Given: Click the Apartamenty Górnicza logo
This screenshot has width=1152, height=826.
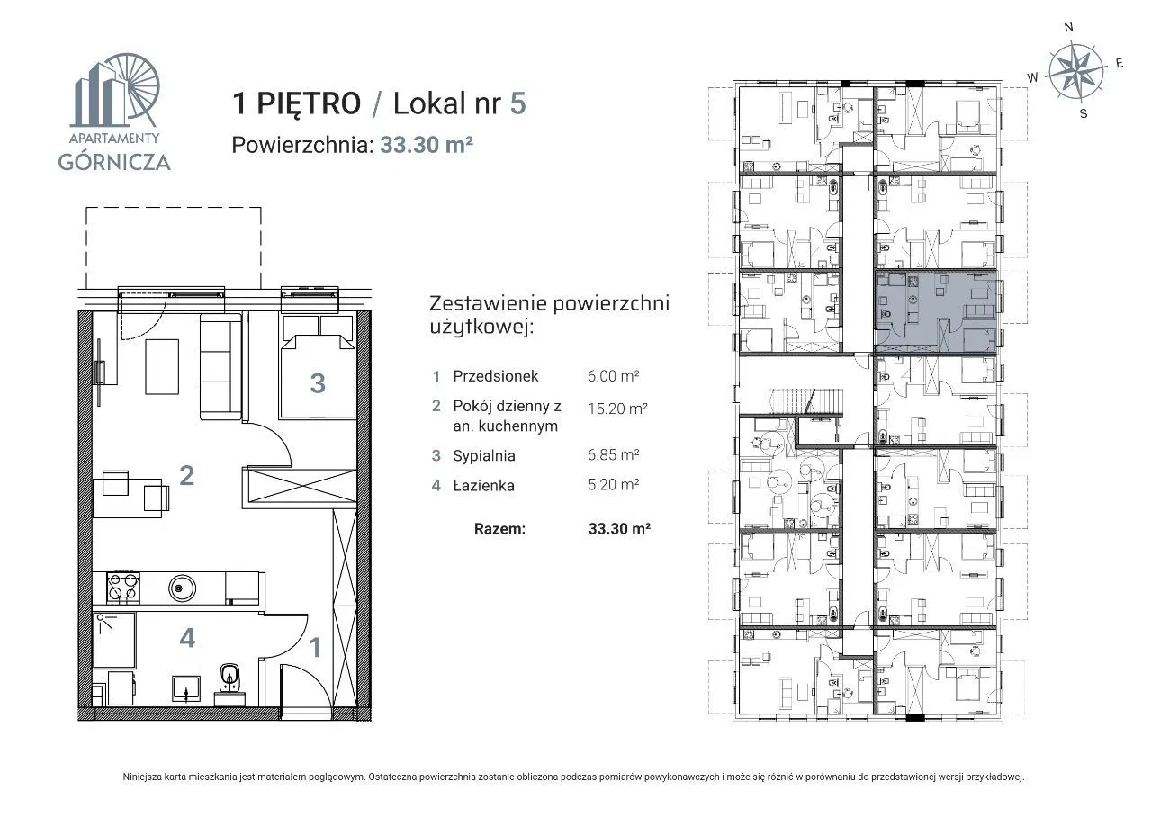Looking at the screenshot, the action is (114, 112).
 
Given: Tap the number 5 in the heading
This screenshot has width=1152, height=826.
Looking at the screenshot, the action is (517, 103).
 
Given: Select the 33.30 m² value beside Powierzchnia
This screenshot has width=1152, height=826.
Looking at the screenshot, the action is (427, 145).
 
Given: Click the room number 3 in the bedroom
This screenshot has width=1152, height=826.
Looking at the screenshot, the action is (318, 383).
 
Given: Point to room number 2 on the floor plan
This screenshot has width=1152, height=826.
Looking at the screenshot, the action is (186, 475).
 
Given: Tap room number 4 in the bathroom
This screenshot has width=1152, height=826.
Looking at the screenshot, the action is (187, 638).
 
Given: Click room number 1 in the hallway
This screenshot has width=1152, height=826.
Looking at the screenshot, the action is (315, 647).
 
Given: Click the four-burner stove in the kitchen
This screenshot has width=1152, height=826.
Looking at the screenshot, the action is (123, 588).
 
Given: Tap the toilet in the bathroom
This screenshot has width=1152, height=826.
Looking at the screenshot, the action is (229, 684).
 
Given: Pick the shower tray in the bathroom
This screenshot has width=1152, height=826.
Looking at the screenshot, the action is (114, 641).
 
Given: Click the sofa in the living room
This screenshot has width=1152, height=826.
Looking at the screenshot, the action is (220, 367).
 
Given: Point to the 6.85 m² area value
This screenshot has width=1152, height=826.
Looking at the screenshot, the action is (614, 454).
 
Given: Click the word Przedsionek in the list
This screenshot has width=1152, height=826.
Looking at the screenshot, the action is (496, 376).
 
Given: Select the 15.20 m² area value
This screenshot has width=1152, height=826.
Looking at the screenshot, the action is (617, 409).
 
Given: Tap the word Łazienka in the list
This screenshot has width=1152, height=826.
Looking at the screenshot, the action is (483, 486).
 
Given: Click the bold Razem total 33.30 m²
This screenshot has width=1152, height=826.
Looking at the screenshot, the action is (620, 529).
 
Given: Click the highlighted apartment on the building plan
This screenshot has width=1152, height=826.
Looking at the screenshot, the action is (936, 312).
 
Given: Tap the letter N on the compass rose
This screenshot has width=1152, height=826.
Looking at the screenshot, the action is (1068, 27).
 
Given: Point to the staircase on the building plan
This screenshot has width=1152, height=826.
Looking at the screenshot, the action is (805, 401).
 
